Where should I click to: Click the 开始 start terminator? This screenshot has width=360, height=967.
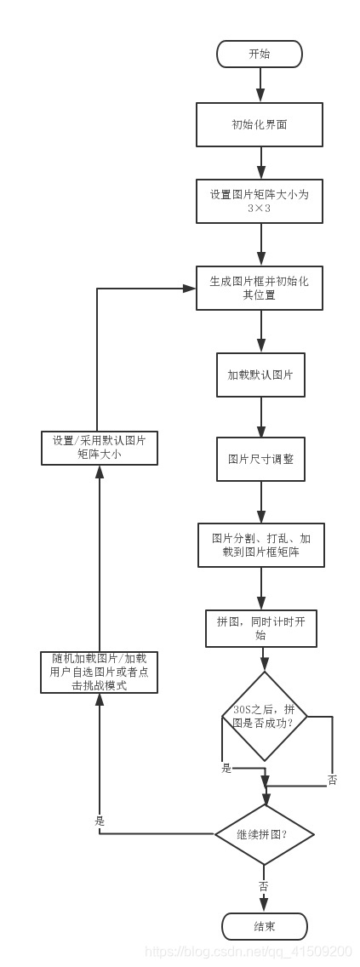(x=259, y=54)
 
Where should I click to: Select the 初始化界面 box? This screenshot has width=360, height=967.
(x=259, y=124)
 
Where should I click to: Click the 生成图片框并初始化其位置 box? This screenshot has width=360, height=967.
(x=259, y=288)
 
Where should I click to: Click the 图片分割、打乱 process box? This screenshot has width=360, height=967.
(x=260, y=545)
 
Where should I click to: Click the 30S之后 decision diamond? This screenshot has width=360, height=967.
(x=265, y=716)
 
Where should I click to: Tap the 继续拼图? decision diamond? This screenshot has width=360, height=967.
(x=265, y=835)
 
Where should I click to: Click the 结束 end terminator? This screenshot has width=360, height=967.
(x=264, y=925)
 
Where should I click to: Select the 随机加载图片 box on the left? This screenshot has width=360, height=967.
(x=99, y=672)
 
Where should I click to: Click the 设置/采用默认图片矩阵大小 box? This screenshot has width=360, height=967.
(x=100, y=447)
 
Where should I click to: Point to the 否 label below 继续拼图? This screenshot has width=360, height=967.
(x=263, y=886)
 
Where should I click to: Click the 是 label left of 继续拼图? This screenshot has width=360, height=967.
(x=100, y=822)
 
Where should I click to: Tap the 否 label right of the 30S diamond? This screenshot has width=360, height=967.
(x=332, y=780)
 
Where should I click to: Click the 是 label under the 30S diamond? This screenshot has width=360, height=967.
(x=226, y=768)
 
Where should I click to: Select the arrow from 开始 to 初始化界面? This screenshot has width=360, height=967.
(x=259, y=84)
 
